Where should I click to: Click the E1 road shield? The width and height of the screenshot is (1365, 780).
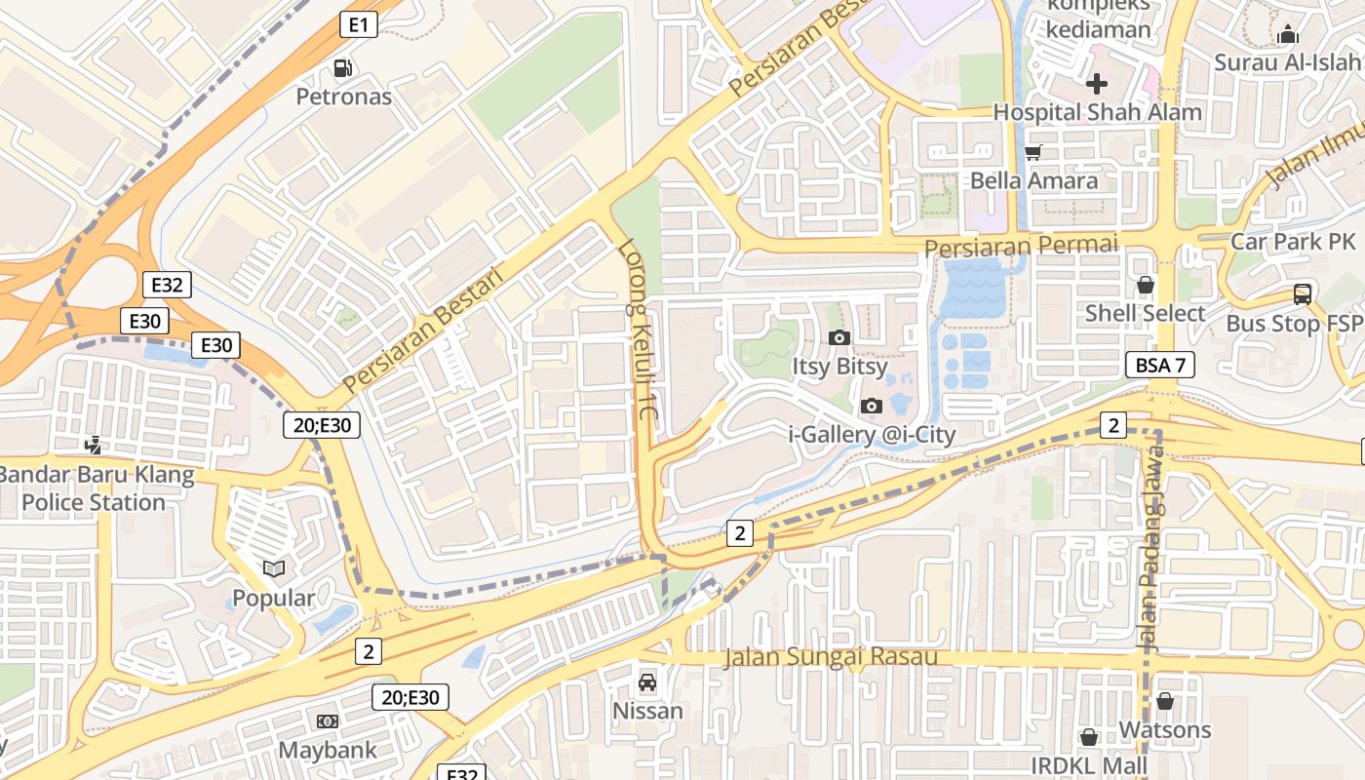[x=359, y=24]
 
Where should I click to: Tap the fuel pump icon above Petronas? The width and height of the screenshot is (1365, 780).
[x=343, y=68]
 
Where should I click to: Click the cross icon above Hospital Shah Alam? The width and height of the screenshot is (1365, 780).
[x=1097, y=83]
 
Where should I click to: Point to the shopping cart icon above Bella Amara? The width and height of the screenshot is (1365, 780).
[x=1033, y=152]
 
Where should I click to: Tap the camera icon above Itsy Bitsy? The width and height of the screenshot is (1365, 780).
[x=838, y=337]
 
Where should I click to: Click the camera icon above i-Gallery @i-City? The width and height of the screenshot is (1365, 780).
[x=872, y=406]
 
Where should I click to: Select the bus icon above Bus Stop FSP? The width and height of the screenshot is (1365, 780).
[x=1303, y=293]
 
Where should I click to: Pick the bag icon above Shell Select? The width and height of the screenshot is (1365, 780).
[x=1146, y=285]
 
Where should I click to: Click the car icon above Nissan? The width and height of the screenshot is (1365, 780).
[x=647, y=682]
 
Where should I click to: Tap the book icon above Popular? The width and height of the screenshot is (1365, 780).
[x=274, y=568]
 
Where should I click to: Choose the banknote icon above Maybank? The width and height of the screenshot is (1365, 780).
[x=328, y=721]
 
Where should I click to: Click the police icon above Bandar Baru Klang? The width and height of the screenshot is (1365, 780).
[x=94, y=446]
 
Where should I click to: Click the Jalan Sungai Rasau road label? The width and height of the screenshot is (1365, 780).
[x=831, y=657]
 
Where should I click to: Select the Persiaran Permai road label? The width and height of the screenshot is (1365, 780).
[x=1021, y=246]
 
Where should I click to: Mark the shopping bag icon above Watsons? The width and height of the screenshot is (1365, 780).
[x=1165, y=701]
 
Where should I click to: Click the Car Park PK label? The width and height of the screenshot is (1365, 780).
[x=1293, y=241]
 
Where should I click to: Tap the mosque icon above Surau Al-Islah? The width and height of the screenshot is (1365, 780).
[x=1288, y=35]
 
